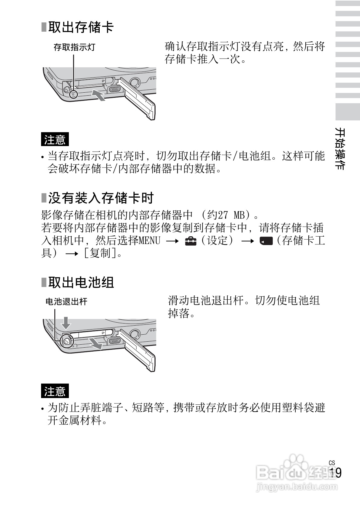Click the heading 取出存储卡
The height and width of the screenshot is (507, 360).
pos(81,27)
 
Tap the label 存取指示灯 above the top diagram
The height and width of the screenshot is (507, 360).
pos(74,47)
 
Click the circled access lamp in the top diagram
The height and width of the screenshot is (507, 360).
pos(73,95)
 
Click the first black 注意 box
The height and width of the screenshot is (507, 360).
pos(55,139)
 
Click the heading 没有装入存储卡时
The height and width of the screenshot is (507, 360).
pos(101,198)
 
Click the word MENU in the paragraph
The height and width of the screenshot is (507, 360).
pos(149,241)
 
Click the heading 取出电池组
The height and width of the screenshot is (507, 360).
pos(81,282)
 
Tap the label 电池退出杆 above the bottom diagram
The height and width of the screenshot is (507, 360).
pos(66,301)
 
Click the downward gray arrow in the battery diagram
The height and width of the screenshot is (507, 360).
pos(66,323)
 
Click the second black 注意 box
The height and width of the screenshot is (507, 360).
pos(55,391)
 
